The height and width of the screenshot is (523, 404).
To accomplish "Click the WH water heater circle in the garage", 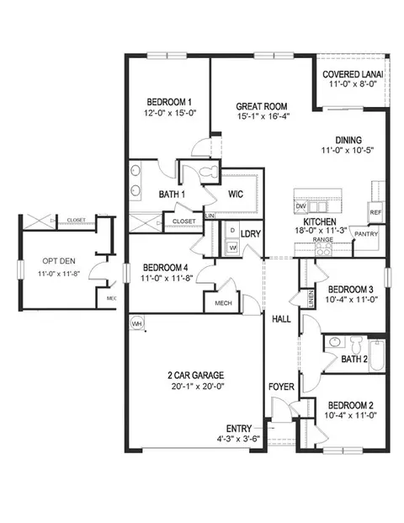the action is click(136, 323).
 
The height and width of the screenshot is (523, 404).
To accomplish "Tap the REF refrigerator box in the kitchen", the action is click(375, 212).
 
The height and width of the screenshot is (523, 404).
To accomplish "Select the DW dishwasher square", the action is click(300, 206).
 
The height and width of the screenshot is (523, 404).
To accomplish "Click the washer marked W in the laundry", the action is click(232, 248).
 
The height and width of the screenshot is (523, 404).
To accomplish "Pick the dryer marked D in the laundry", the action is click(232, 231).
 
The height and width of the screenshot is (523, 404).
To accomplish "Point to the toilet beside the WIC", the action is click(209, 173).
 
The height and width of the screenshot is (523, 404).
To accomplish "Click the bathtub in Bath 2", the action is click(377, 355).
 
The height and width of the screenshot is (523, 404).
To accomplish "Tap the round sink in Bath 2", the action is click(334, 342).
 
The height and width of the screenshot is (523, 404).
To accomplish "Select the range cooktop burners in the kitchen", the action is click(324, 248).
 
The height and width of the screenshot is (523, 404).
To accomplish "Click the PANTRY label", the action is click(366, 234).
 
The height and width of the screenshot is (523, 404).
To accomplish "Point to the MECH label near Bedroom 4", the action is click(223, 303).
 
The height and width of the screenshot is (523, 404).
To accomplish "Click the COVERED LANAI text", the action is click(353, 74).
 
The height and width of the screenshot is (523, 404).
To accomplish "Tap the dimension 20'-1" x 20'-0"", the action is click(195, 387).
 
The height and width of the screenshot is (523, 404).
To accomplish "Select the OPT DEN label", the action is click(59, 261).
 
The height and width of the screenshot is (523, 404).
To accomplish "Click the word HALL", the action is click(281, 319).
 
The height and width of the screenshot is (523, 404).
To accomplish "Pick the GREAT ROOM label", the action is click(262, 107).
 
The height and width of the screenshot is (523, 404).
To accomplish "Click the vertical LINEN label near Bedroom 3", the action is click(311, 299).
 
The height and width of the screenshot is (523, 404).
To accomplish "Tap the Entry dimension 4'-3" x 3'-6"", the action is click(238, 439).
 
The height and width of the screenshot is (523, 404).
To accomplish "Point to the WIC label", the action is click(236, 194).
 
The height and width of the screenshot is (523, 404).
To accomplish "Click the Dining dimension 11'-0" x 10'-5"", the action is click(348, 151).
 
